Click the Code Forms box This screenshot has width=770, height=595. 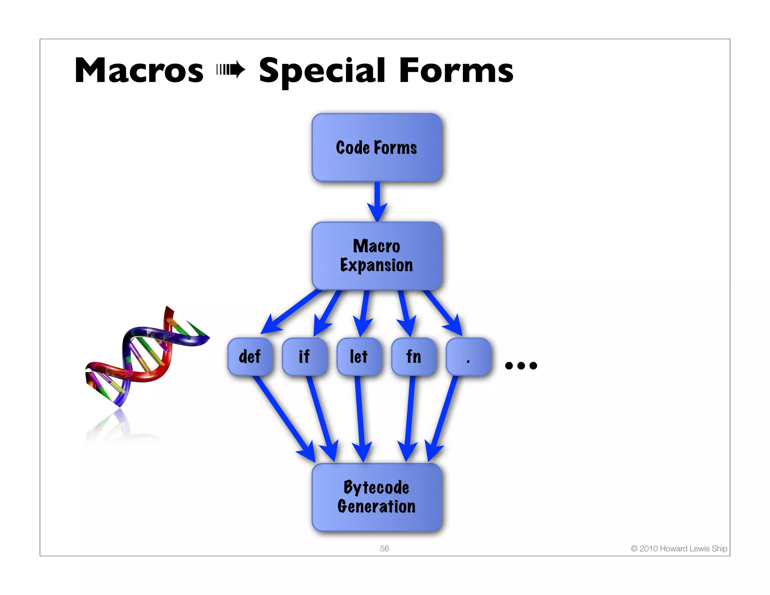376,147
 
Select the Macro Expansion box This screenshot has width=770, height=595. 376,256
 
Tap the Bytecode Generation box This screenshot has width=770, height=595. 376,497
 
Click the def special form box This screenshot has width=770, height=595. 250,357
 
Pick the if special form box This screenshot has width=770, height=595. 304,357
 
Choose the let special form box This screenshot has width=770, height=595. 359,357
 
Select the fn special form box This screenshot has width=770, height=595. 414,357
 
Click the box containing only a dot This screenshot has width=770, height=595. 468,357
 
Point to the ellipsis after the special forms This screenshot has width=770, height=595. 521,365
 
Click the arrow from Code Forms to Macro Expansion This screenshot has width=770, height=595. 377,201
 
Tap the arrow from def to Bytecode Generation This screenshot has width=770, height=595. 284,417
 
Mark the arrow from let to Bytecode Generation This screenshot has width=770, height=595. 360,417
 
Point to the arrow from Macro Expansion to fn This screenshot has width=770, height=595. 405,312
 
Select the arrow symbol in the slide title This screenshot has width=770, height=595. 231,70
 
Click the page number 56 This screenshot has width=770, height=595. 384,548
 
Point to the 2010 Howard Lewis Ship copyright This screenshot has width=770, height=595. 679,548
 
